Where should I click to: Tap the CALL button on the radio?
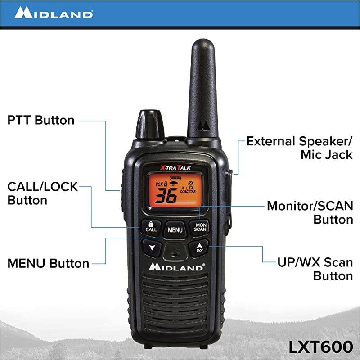click(151, 226)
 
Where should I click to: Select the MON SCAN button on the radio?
click(200, 226)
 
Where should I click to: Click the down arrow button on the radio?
click(152, 247)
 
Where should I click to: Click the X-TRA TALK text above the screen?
click(175, 166)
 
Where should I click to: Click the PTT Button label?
click(41, 120)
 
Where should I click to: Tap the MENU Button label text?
click(48, 263)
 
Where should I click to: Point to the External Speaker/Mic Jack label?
click(299, 148)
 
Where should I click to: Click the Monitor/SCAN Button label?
click(310, 212)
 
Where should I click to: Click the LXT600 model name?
click(321, 346)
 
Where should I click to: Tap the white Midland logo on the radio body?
click(177, 266)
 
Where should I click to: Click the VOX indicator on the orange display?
click(159, 184)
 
